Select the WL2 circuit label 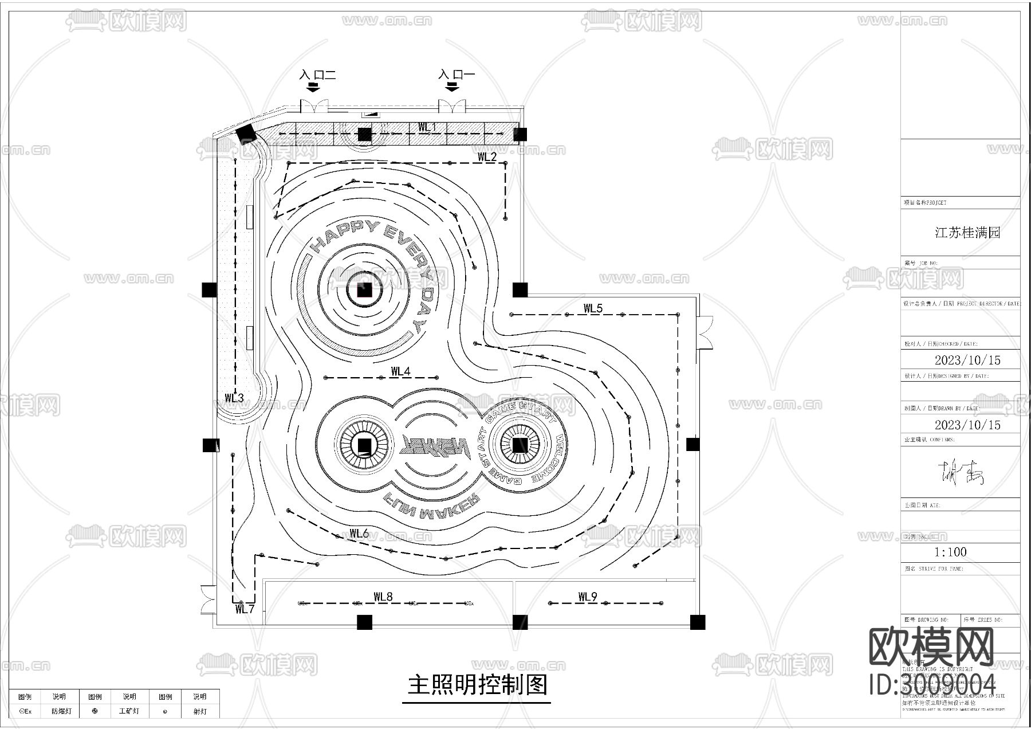pyautogui.click(x=487, y=156)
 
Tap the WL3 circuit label pyautogui.click(x=234, y=398)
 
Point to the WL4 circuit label pyautogui.click(x=400, y=371)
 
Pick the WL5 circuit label pyautogui.click(x=593, y=308)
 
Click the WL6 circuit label pyautogui.click(x=359, y=534)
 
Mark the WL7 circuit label pyautogui.click(x=245, y=609)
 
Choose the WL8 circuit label pyautogui.click(x=383, y=597)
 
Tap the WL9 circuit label pyautogui.click(x=587, y=597)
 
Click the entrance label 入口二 pyautogui.click(x=317, y=75)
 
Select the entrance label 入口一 pyautogui.click(x=457, y=75)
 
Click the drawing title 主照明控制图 pyautogui.click(x=478, y=685)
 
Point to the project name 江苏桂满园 pyautogui.click(x=967, y=233)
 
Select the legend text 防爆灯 pyautogui.click(x=61, y=711)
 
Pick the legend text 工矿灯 pyautogui.click(x=129, y=711)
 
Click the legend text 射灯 pyautogui.click(x=199, y=711)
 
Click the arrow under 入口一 pyautogui.click(x=452, y=87)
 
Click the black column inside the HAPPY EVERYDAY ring pyautogui.click(x=364, y=291)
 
